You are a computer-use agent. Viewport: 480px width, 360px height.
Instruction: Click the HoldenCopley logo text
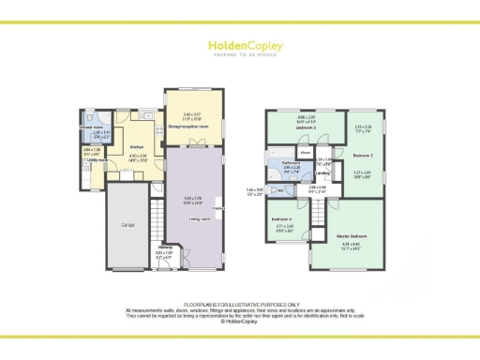click(x=240, y=44)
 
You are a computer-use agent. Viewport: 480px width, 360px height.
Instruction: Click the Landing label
click(x=322, y=172)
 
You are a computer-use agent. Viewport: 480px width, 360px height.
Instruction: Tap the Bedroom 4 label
click(x=284, y=219)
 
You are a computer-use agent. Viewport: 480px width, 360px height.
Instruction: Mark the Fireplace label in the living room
click(x=217, y=208)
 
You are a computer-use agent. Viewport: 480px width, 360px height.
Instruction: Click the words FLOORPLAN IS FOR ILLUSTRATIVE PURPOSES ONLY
click(x=240, y=305)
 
